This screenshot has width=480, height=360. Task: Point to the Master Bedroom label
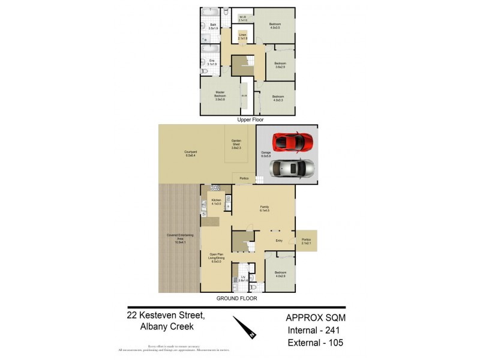point(220,97)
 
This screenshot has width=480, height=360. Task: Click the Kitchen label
point(216,202)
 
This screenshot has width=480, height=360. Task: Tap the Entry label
point(278,241)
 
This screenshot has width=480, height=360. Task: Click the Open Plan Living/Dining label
point(215,259)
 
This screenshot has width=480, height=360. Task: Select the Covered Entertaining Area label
point(180,240)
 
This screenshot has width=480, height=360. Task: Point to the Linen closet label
point(243,37)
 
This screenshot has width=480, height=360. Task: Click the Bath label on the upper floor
point(212,26)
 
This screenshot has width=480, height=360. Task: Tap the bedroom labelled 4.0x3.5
point(275,26)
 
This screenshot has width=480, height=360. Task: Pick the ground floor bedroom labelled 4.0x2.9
point(280,274)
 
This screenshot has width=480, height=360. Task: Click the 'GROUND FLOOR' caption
point(238,298)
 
